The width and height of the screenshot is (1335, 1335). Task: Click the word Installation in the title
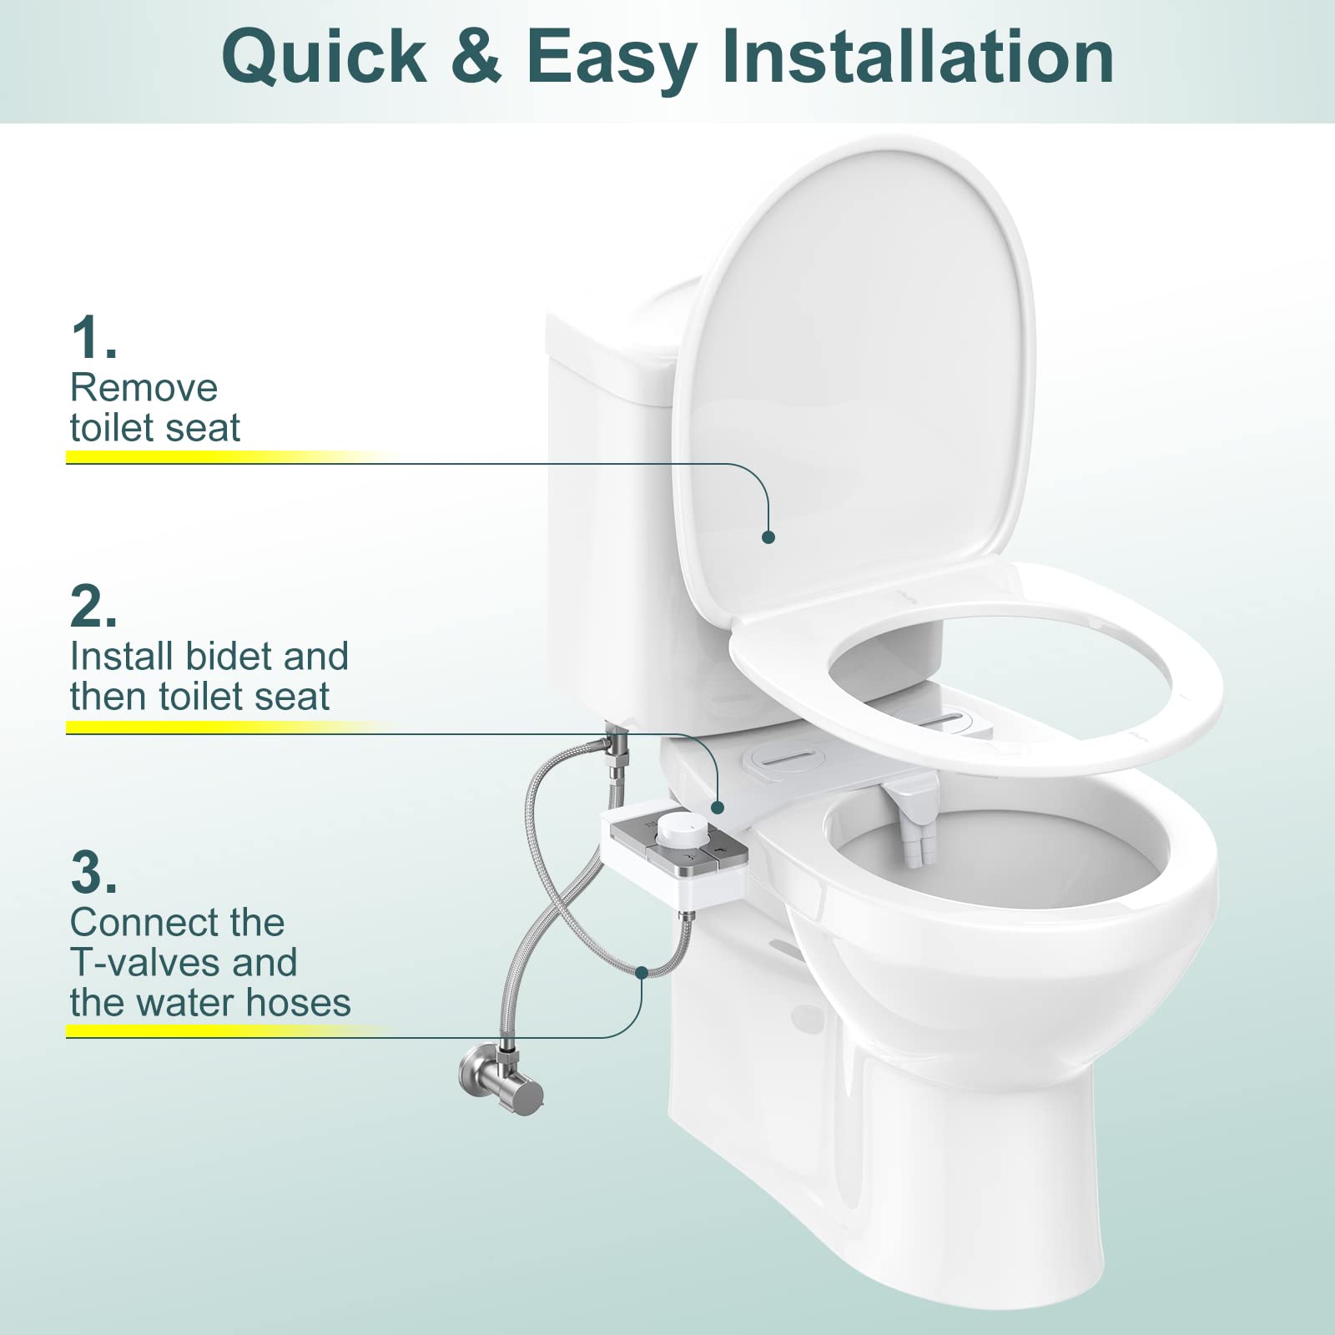[919, 56]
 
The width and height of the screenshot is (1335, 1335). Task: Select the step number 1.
[93, 338]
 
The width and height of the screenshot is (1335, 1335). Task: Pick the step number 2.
[93, 607]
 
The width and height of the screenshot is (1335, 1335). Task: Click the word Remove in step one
[144, 388]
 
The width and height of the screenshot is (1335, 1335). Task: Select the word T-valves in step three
[146, 963]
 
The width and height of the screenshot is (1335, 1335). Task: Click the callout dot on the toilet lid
[768, 537]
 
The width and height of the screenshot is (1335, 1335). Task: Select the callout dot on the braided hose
[642, 972]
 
